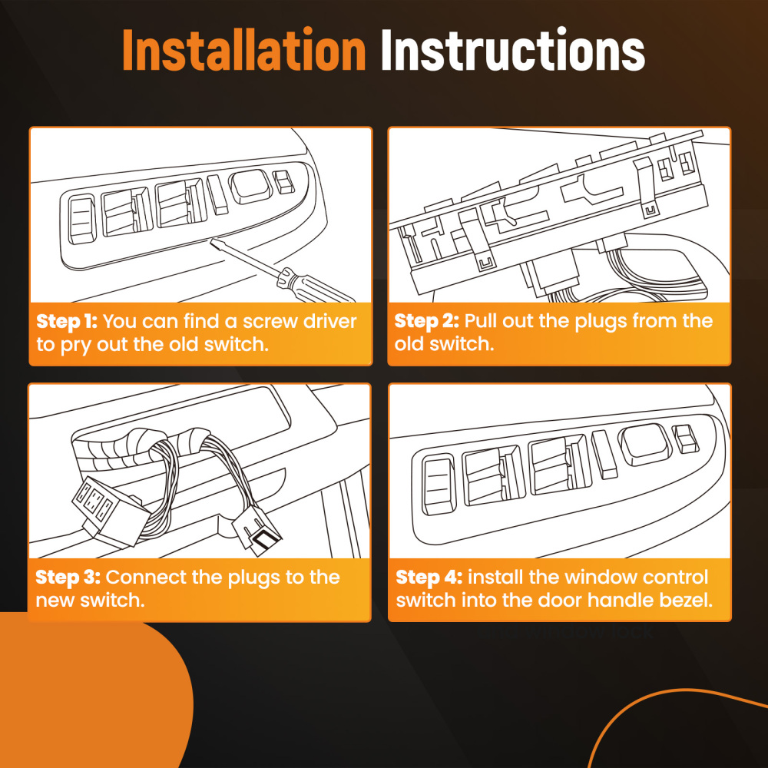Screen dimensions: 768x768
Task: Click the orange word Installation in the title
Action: [x=244, y=50]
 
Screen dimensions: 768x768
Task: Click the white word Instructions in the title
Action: [x=512, y=50]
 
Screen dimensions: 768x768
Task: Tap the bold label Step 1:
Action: [x=67, y=321]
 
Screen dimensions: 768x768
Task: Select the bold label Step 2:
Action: [x=426, y=321]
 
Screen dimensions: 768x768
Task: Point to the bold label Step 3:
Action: [x=68, y=578]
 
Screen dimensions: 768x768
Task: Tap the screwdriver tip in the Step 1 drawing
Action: [x=212, y=240]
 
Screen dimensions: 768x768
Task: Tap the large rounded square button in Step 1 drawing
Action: [x=251, y=186]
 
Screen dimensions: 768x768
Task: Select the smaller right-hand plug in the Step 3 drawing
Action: [x=257, y=531]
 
